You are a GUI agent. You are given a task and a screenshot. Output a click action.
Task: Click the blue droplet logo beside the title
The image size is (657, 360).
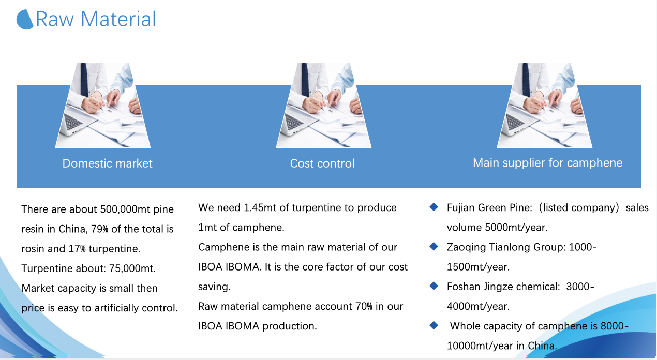[x=25, y=20]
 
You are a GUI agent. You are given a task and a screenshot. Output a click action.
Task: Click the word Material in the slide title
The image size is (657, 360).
[x=118, y=19]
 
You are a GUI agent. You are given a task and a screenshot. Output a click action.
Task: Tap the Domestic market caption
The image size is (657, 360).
[x=108, y=163]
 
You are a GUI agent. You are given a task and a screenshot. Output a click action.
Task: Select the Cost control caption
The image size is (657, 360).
[x=322, y=163]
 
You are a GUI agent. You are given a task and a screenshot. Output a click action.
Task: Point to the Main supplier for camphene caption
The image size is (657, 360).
[x=548, y=163]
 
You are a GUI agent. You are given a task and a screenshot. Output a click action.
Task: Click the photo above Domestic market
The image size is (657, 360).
[x=102, y=106]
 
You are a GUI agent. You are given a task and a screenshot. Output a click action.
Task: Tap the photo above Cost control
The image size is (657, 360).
[x=323, y=106]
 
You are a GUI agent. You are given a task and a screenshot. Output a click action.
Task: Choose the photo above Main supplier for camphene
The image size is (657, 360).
[x=544, y=106]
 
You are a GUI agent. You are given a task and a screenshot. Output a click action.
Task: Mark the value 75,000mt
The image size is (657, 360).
[x=132, y=268]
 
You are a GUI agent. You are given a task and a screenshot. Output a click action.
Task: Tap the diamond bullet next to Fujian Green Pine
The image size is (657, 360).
[x=434, y=207]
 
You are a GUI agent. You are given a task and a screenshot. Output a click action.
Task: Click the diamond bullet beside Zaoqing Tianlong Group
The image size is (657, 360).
[x=434, y=247]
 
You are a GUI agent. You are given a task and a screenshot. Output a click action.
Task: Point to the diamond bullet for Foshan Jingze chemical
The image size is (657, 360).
[x=434, y=286]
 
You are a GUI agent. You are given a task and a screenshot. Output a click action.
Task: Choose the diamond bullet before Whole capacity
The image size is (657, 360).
[x=434, y=325]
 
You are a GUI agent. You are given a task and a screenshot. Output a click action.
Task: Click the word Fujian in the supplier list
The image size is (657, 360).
[x=461, y=208]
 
